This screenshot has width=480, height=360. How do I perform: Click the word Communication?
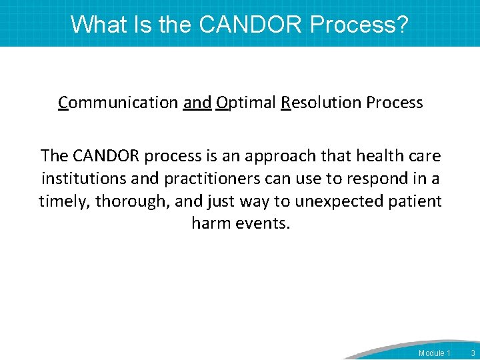(x=118, y=103)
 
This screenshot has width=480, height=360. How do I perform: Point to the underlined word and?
(x=197, y=103)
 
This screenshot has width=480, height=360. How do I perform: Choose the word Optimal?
(x=246, y=103)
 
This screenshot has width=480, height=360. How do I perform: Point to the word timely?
(x=64, y=201)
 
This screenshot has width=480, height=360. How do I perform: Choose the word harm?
(x=211, y=223)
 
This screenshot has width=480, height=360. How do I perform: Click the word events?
(x=263, y=223)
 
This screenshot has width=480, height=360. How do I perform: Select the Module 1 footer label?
(x=434, y=353)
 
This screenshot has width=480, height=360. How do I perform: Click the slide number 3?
(x=473, y=353)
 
